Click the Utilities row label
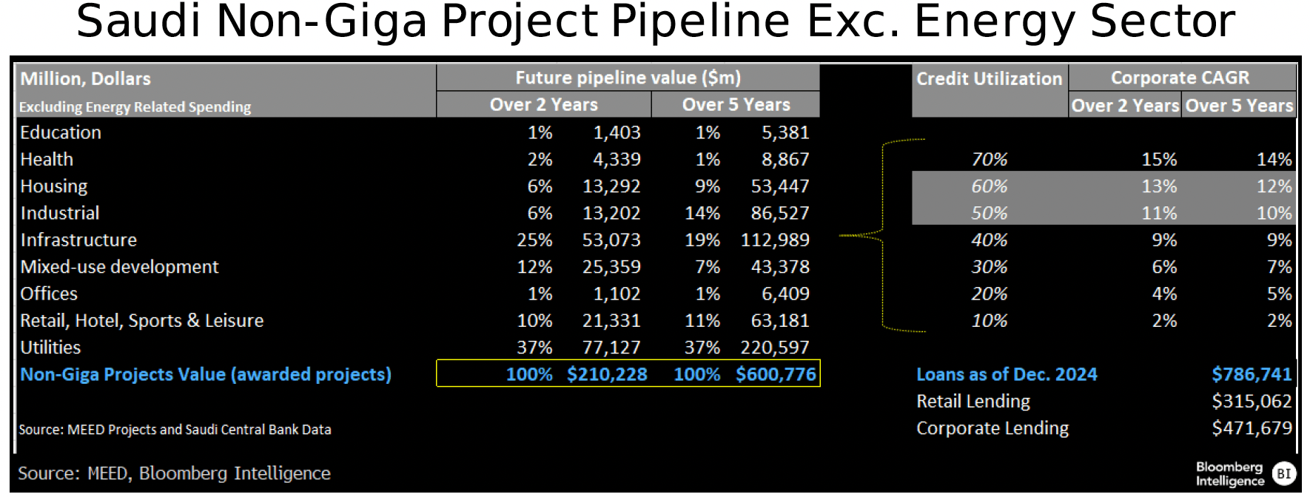(50, 348)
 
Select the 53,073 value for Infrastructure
(611, 240)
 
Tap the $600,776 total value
(776, 374)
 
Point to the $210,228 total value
(607, 374)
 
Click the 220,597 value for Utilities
(775, 348)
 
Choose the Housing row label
(54, 186)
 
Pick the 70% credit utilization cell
(989, 160)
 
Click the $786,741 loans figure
(1252, 374)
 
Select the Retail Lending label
(973, 402)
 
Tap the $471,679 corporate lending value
(1252, 428)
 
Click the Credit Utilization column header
(989, 78)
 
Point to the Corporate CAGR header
(1180, 78)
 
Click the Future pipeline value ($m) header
(628, 78)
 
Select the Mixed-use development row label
(119, 267)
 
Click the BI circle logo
(1284, 474)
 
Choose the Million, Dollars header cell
(85, 78)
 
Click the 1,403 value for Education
(617, 133)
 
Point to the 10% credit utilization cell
(989, 321)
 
